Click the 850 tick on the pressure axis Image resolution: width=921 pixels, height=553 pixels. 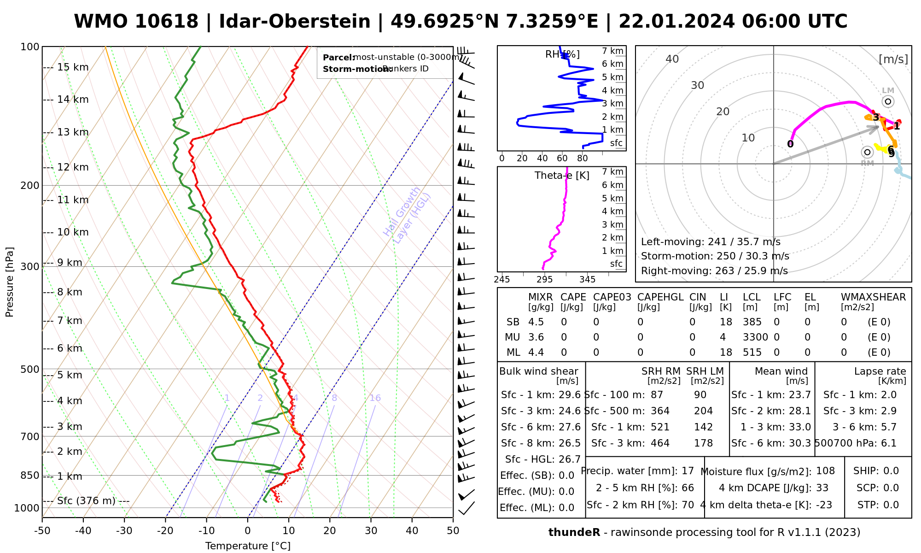point(30,475)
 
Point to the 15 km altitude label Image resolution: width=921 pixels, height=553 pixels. point(73,67)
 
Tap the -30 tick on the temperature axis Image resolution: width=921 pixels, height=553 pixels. point(124,531)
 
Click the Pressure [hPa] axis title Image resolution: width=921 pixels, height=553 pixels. point(10,282)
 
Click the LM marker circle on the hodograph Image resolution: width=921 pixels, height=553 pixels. point(888,101)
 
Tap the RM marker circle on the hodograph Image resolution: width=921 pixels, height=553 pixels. point(868,152)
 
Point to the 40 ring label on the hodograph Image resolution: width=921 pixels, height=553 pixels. point(672,59)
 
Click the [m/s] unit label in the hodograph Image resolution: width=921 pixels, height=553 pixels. point(893,59)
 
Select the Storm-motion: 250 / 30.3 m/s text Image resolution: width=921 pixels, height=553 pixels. point(715,256)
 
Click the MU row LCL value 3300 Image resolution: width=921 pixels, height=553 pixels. point(755,337)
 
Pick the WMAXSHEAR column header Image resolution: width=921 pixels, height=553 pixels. point(873,297)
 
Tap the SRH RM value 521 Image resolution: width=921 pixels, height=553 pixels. point(660,427)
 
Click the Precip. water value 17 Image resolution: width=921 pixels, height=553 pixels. point(688,471)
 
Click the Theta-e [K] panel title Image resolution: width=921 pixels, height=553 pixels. point(562,176)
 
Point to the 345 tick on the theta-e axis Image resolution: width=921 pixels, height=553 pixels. point(587,280)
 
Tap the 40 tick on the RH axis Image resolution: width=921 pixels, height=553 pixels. point(542,159)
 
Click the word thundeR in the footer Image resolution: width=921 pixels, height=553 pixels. point(574,533)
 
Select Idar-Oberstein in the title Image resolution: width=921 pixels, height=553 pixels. point(295,22)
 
